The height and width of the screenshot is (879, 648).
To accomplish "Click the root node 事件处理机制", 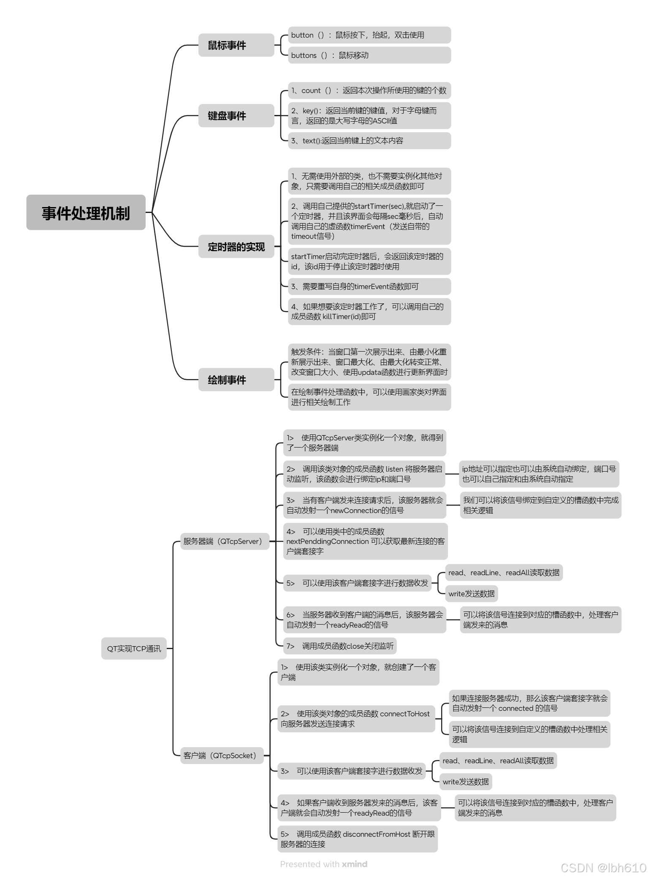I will tap(86, 213).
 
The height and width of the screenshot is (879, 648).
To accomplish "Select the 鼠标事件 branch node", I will tap(236, 45).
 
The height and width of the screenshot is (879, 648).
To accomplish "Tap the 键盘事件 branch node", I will tap(236, 115).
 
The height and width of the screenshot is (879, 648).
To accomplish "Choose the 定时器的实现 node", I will tap(236, 246).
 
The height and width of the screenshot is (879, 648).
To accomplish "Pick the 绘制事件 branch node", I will tap(236, 379).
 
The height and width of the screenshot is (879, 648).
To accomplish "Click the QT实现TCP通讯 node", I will tap(134, 648).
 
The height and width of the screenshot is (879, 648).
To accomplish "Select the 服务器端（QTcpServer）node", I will tap(222, 541).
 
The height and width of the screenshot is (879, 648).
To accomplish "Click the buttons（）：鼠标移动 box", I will tap(369, 55).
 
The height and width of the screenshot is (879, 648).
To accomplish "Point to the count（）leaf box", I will tap(369, 90).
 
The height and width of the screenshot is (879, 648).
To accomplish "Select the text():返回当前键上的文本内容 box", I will tap(369, 141).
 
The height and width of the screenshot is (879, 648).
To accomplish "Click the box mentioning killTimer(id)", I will tap(369, 311).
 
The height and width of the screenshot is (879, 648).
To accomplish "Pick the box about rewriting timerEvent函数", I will tap(369, 287).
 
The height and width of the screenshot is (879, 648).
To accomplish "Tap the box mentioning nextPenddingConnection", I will tap(365, 541).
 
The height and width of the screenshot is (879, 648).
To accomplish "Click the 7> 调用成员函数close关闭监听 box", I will tap(339, 646).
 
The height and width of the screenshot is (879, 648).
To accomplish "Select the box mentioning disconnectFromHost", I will tap(357, 839).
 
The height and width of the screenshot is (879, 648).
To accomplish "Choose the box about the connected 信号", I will tap(529, 703).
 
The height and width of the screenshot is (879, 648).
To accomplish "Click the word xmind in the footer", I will tap(355, 864).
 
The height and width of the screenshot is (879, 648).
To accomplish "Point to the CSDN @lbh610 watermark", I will tap(603, 868).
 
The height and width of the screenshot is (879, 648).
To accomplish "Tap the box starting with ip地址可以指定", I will tap(539, 474).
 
